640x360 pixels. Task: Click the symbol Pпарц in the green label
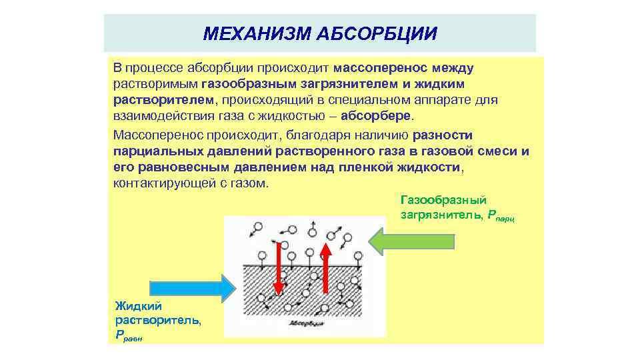pyautogui.click(x=502, y=215)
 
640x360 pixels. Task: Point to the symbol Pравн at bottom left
pyautogui.click(x=129, y=336)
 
